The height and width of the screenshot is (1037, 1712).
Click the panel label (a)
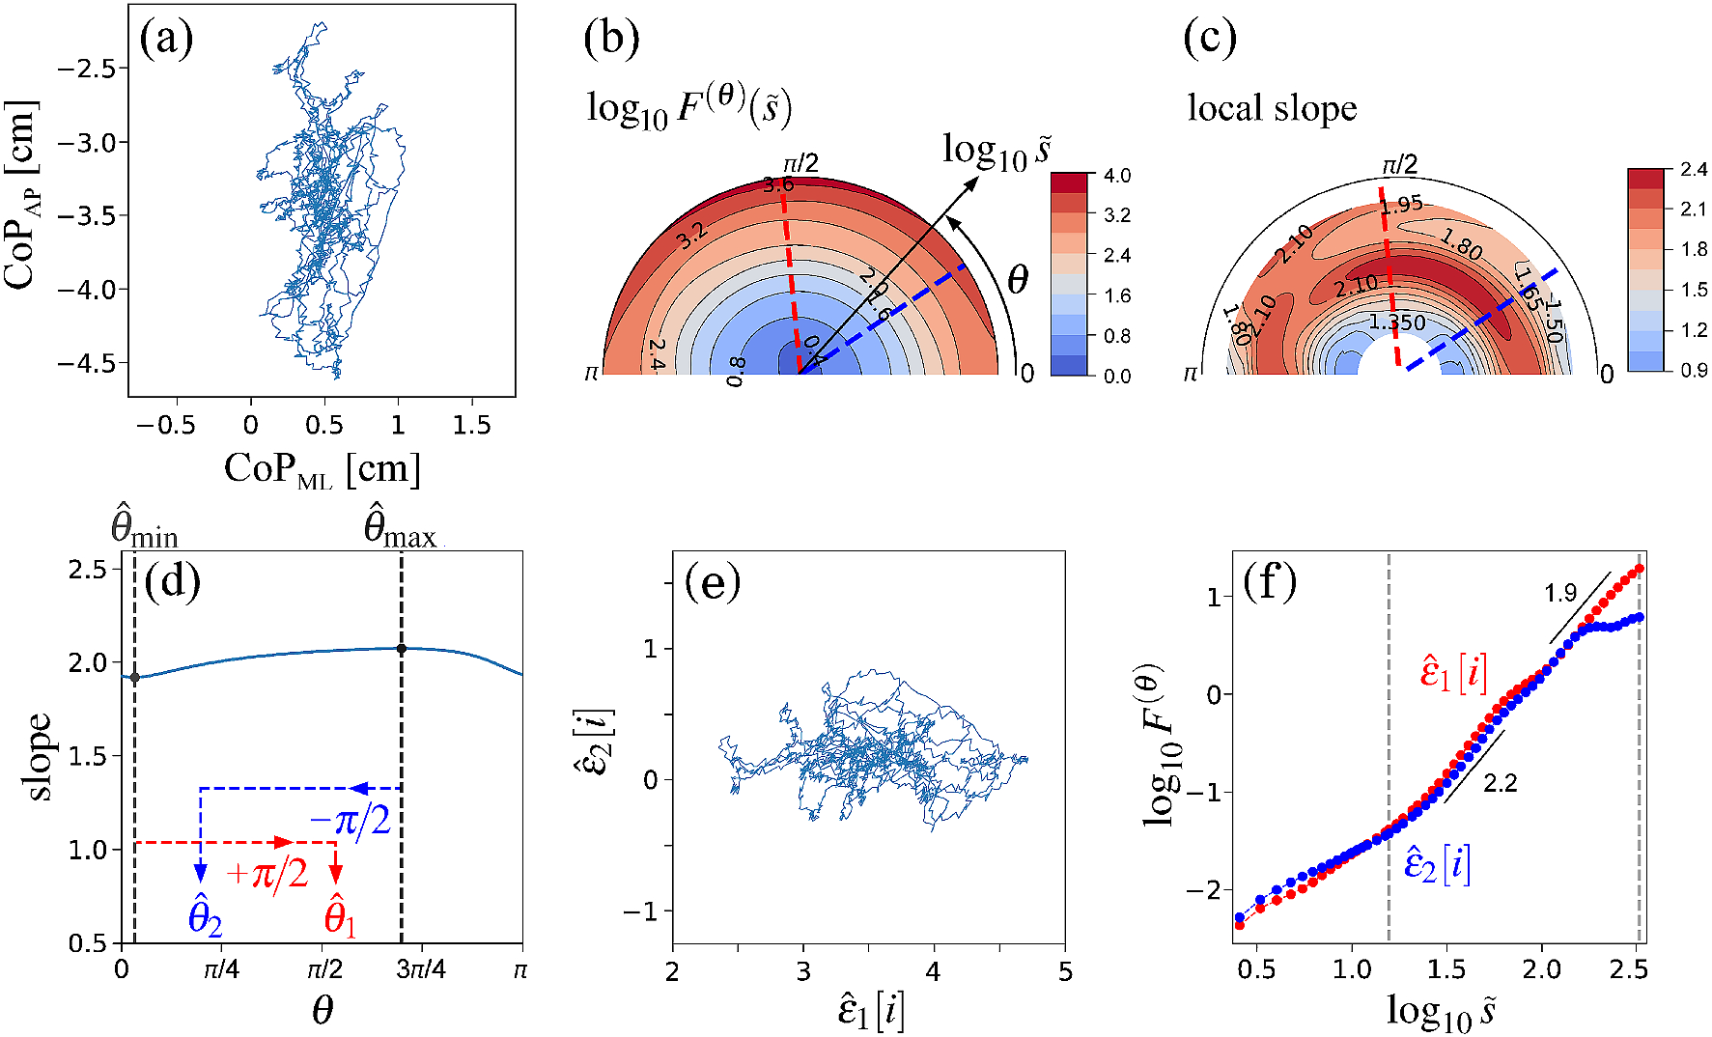[x=166, y=40]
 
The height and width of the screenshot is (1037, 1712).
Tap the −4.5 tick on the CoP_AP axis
[x=88, y=363]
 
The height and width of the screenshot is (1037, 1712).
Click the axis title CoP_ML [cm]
[x=323, y=470]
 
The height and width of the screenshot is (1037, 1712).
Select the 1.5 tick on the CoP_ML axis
[x=471, y=426]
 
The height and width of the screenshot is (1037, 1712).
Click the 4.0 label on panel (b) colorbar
[x=1117, y=176]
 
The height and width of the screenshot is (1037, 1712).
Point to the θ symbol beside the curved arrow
[x=1018, y=281]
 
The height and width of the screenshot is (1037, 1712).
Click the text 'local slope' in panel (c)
[x=1272, y=108]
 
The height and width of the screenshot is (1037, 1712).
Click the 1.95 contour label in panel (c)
[x=1401, y=205]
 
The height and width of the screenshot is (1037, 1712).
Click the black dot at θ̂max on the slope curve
[x=402, y=649]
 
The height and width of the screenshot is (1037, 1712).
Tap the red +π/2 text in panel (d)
[x=267, y=874]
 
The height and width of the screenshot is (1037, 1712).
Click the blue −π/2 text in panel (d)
[x=351, y=822]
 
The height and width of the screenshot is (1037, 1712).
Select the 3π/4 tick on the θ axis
[x=421, y=969]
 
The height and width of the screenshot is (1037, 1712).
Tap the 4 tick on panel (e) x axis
[x=933, y=971]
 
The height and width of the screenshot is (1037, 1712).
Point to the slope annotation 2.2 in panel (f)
[x=1500, y=783]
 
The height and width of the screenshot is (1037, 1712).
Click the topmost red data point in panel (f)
[x=1640, y=569]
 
